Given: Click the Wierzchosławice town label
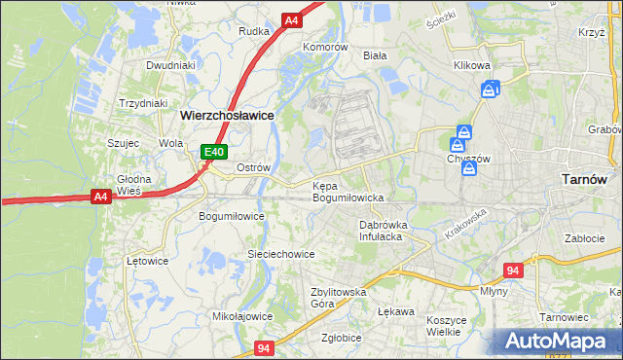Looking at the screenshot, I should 227,114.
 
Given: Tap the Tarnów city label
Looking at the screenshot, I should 586,179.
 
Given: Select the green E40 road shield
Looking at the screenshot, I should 214,152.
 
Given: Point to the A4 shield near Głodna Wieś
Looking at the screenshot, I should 99,197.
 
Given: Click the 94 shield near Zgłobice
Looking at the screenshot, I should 264,347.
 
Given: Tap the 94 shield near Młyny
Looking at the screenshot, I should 513,270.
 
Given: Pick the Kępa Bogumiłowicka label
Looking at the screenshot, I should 348,191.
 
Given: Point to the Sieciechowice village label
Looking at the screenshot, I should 280,253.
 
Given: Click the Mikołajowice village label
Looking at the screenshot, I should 241,316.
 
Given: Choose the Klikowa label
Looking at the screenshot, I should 471,66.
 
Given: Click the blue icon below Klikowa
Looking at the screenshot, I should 490,90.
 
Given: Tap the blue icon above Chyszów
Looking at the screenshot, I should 466,132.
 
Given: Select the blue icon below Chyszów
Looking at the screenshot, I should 470,168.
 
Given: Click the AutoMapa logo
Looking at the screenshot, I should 557,340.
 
